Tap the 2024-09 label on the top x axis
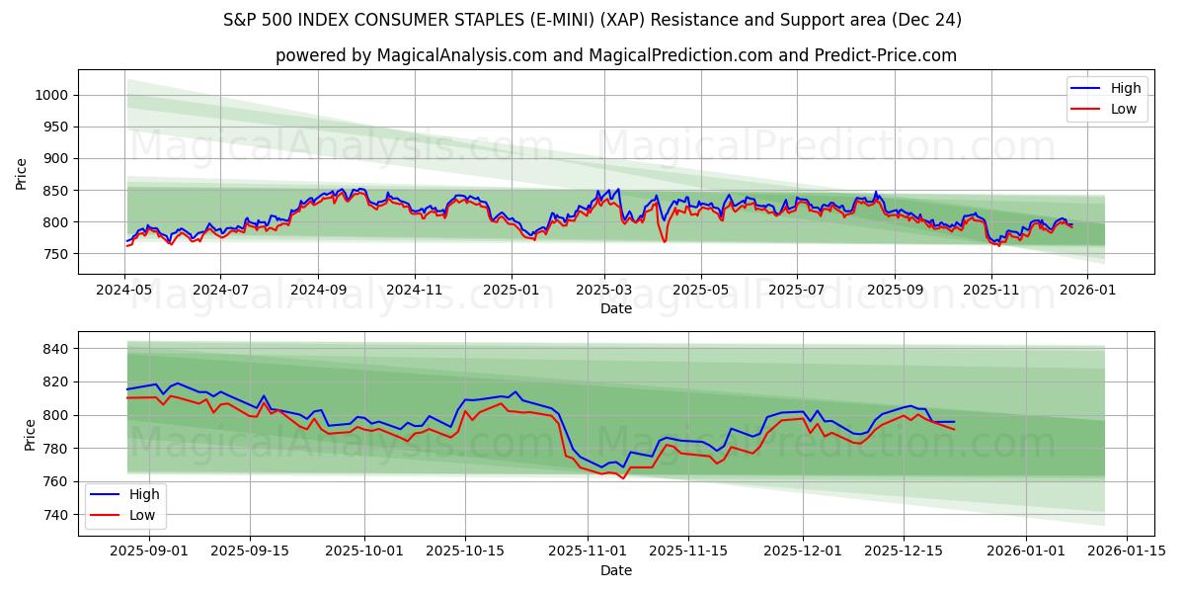[317, 291]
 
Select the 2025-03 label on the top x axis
[604, 291]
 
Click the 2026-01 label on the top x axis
[1086, 291]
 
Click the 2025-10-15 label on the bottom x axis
[463, 551]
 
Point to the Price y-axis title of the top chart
[22, 174]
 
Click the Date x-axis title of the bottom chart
[616, 570]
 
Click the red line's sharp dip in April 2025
[664, 241]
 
